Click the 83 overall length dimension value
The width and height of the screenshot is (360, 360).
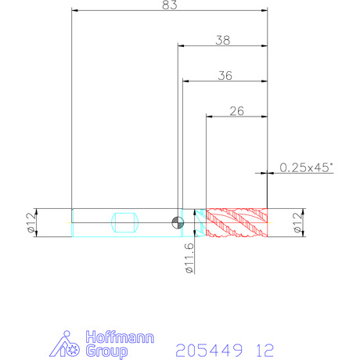tap(170, 5)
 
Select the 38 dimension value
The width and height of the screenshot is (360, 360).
tap(223, 41)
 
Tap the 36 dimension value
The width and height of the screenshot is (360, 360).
tap(225, 76)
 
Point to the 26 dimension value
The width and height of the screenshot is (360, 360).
tap(237, 111)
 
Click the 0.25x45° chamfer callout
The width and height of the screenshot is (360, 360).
tap(307, 167)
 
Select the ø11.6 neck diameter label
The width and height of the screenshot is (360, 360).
tap(189, 258)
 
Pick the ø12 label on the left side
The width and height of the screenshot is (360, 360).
tap(31, 222)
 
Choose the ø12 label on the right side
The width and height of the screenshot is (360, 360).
tap(298, 222)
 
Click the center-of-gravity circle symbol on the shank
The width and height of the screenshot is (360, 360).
tap(178, 223)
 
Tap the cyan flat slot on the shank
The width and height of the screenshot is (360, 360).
tap(124, 222)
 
